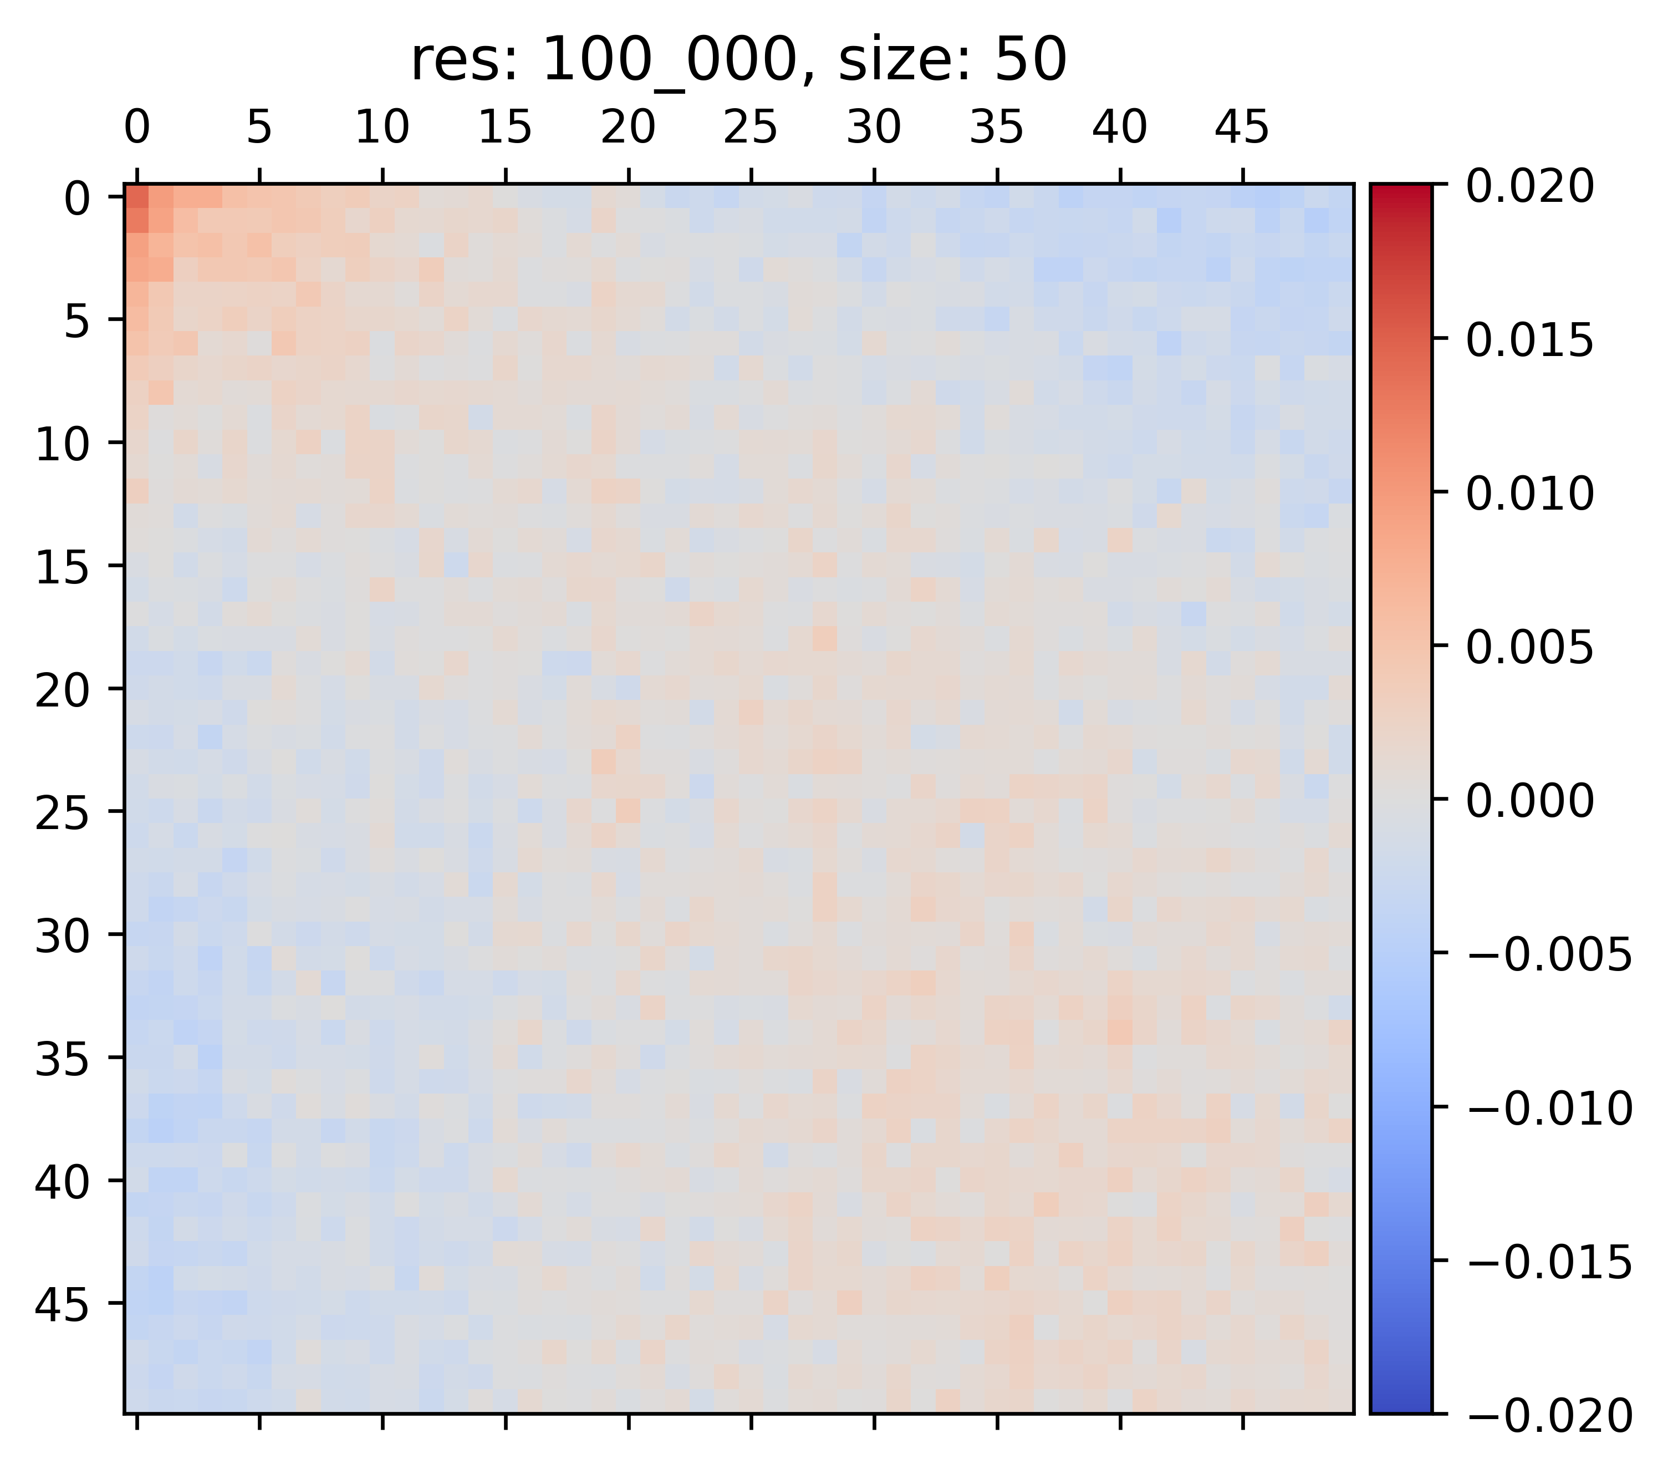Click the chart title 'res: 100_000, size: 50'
[x=738, y=60]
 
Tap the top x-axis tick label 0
[x=137, y=128]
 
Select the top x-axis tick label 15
[x=505, y=128]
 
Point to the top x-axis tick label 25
[x=751, y=128]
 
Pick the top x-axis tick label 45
[x=1242, y=128]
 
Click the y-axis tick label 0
[x=78, y=199]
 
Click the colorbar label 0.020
[x=1529, y=187]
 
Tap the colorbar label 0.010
[x=1529, y=494]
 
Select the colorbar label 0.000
[x=1529, y=801]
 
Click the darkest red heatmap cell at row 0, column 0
[x=137, y=197]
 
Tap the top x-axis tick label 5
[x=259, y=128]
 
